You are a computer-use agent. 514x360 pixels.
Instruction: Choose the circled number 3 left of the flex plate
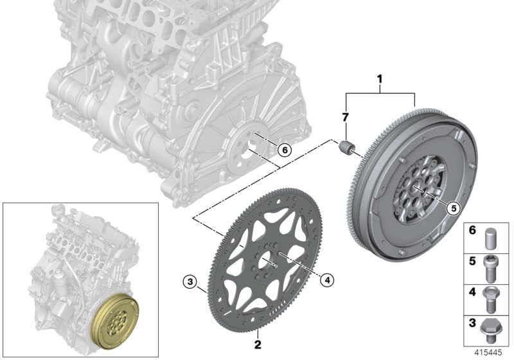(188, 280)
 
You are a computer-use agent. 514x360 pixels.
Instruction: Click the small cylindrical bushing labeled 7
(347, 147)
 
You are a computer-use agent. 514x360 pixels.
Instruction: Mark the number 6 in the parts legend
(472, 230)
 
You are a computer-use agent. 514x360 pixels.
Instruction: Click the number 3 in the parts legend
(472, 323)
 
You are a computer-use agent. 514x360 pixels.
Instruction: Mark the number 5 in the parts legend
(472, 261)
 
